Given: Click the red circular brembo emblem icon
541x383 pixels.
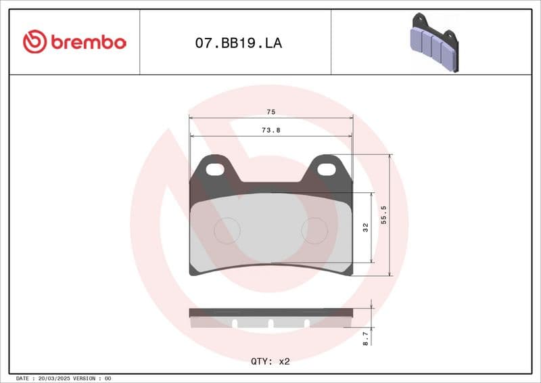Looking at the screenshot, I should tap(35, 42).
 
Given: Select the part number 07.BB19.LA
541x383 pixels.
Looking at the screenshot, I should tap(238, 43).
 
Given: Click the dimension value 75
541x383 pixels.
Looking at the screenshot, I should tap(270, 112).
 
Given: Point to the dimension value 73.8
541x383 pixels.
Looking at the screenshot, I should tap(270, 130).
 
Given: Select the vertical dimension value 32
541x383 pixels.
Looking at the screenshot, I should tap(365, 227).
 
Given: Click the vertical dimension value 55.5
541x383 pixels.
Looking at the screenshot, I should tap(383, 215).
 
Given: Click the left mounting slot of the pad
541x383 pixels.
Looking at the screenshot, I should tap(216, 168).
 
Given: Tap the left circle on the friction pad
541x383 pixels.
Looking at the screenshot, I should tap(227, 231).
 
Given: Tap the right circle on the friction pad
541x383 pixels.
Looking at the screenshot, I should tap(314, 231).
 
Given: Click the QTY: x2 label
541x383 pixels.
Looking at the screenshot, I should tap(270, 361).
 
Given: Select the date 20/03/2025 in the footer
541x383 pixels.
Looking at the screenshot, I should tap(56, 378).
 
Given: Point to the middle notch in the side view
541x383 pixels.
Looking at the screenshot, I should tap(270, 323).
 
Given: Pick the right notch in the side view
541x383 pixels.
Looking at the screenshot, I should tap(306, 323).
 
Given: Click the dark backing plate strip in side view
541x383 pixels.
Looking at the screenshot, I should tap(270, 313).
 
